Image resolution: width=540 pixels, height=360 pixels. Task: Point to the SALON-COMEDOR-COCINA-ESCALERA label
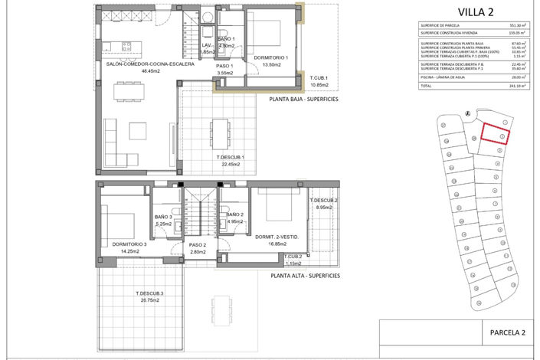tap(149, 64)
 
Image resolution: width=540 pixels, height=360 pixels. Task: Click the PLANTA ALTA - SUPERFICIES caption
tap(304, 275)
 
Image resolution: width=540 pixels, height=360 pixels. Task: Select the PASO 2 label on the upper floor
tap(198, 244)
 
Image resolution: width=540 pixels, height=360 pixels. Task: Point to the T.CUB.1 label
tap(319, 79)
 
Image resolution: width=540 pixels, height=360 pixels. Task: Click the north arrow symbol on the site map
tap(466, 115)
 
